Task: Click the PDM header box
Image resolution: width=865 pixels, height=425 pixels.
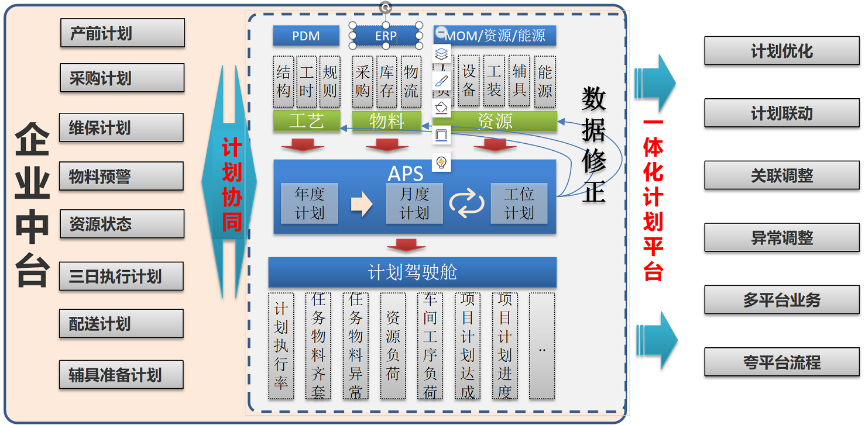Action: [306, 36]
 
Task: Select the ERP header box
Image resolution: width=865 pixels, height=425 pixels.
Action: [386, 36]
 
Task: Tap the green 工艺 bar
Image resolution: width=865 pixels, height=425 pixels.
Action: [306, 121]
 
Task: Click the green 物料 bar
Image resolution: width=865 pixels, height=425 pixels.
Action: [386, 121]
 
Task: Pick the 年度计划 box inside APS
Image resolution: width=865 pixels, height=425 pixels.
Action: [309, 203]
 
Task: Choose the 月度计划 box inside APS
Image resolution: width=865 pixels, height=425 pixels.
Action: [414, 203]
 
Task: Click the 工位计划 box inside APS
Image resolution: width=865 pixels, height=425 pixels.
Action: [519, 203]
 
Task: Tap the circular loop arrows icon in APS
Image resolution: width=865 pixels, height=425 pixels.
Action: [466, 204]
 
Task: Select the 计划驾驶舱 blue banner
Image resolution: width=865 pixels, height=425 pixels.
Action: [412, 272]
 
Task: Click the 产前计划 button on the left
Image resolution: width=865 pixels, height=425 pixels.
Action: [122, 33]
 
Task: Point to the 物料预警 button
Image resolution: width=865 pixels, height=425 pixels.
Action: [121, 176]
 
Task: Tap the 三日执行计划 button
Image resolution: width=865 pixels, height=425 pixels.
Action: [121, 277]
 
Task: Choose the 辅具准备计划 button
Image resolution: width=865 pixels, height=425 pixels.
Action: [121, 375]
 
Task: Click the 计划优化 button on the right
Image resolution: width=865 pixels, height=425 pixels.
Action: [781, 51]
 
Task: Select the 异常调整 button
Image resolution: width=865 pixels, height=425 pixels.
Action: [781, 238]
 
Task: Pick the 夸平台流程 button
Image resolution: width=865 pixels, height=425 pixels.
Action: [781, 362]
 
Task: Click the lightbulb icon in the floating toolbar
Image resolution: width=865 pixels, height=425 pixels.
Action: [442, 162]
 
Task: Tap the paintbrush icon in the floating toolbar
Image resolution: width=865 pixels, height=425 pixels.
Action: [442, 81]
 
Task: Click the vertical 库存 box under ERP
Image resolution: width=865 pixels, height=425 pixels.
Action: [387, 81]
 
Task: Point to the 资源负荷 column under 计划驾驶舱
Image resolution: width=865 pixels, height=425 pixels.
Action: [393, 346]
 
